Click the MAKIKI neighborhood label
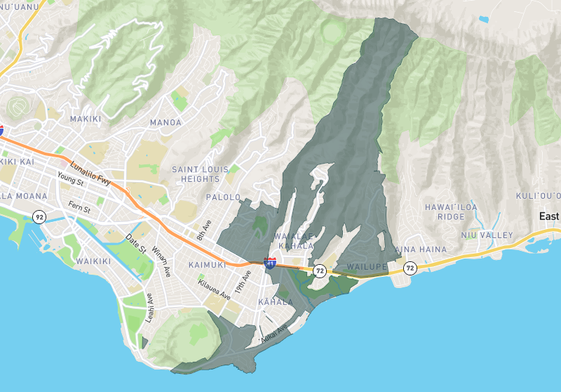pyautogui.click(x=87, y=119)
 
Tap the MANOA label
pyautogui.click(x=165, y=123)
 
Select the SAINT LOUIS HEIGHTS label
pyautogui.click(x=201, y=174)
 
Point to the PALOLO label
pyautogui.click(x=224, y=197)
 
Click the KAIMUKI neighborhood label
pyautogui.click(x=207, y=266)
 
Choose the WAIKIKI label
pyautogui.click(x=93, y=261)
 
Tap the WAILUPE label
pyautogui.click(x=367, y=268)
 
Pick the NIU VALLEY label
pyautogui.click(x=487, y=235)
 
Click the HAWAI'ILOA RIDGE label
pyautogui.click(x=451, y=212)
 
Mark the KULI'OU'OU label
pyautogui.click(x=538, y=195)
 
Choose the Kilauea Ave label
pyautogui.click(x=214, y=291)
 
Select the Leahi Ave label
pyautogui.click(x=149, y=306)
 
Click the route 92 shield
pyautogui.click(x=39, y=217)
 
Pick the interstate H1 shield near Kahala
pyautogui.click(x=269, y=263)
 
